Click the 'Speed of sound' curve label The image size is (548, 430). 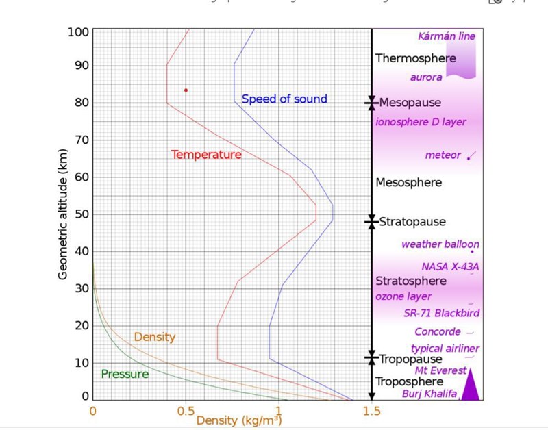pos(284,99)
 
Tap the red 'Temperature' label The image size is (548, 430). pos(206,155)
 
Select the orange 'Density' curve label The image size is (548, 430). pos(155,337)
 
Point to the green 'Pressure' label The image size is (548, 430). pos(125,375)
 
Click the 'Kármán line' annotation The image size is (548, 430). pos(447,36)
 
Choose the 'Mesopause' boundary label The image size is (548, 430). pos(410,103)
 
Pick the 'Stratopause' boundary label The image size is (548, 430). pos(412,222)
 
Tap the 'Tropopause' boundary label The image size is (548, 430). pos(411,359)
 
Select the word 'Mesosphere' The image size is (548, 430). pos(409,183)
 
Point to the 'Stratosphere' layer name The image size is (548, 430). pos(411,281)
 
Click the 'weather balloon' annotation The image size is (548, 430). pos(440,244)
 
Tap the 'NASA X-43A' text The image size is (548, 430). pos(450,266)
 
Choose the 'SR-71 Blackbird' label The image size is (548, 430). pos(442,313)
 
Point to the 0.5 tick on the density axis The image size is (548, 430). pos(186,412)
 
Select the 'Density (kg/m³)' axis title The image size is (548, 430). pos(238,420)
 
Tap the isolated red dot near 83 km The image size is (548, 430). pos(186,90)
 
